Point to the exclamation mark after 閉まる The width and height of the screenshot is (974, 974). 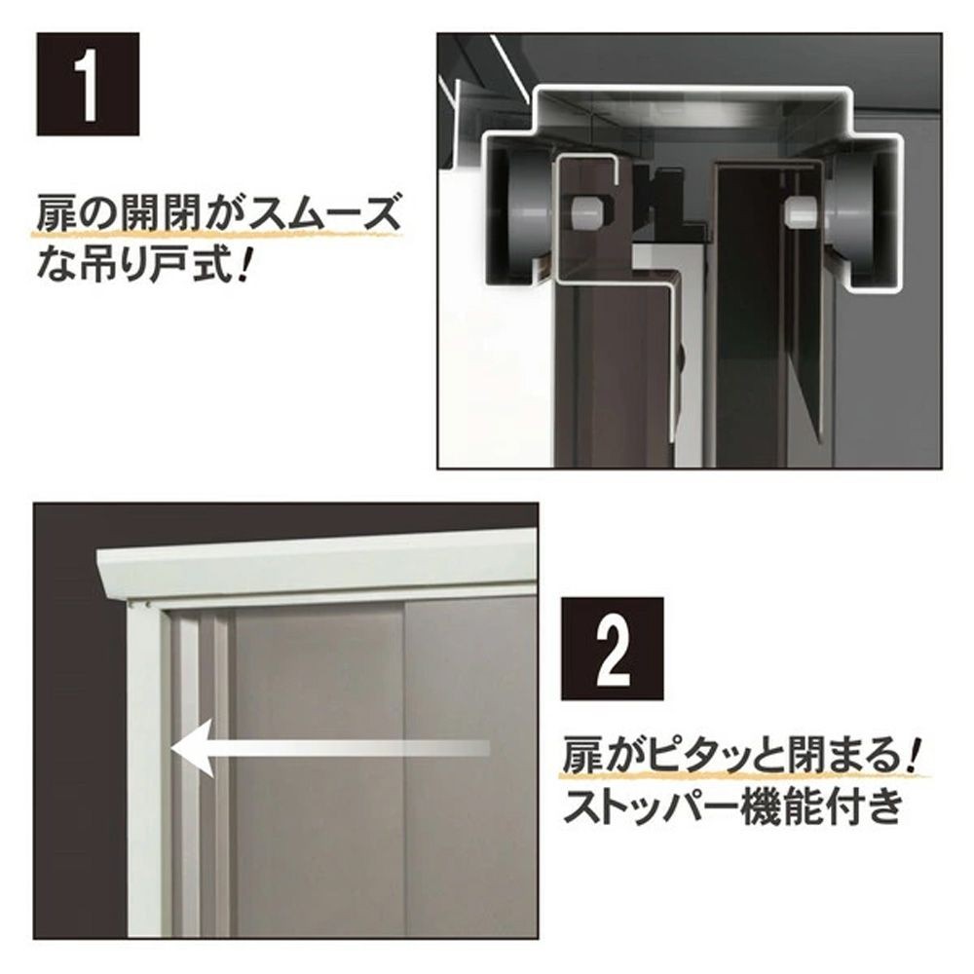tap(915, 755)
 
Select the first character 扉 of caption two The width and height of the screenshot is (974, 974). tap(582, 756)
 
